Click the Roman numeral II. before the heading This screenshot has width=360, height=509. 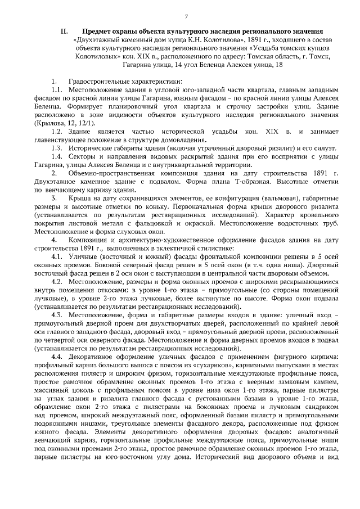64,32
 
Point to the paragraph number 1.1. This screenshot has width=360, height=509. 57,90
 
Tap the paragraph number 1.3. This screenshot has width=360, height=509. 57,147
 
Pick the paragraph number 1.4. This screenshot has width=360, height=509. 57,157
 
